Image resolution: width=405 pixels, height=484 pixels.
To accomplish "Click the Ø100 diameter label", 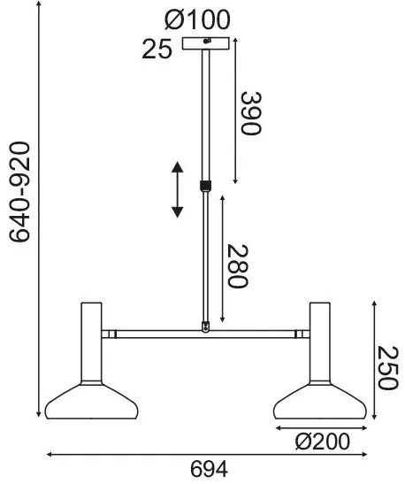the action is point(197,19).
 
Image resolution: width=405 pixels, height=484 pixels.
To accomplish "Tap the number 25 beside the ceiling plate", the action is point(157,49).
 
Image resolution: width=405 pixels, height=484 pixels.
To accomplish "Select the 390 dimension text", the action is point(251,113).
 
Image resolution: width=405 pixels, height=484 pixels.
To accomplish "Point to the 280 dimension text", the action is point(238,266).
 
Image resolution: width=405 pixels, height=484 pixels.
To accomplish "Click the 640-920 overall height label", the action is point(19,192).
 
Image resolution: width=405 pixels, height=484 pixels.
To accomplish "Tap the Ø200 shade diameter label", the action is point(323,442).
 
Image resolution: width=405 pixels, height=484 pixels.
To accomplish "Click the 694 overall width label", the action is point(209,470).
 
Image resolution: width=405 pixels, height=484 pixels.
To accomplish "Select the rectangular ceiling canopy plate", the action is point(206,43).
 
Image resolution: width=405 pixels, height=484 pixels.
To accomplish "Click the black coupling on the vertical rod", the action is point(205,186).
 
